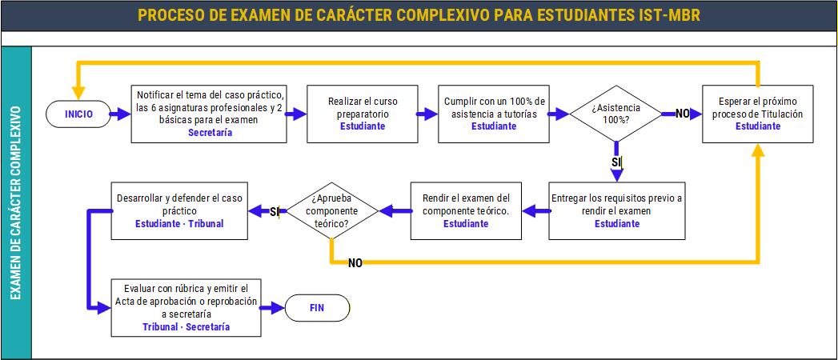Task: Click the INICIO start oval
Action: click(x=78, y=114)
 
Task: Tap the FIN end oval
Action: click(x=317, y=308)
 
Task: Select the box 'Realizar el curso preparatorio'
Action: click(x=363, y=114)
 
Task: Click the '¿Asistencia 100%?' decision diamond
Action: click(x=616, y=114)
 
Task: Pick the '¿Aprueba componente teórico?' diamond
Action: click(x=332, y=211)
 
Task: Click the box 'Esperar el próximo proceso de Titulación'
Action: click(x=757, y=114)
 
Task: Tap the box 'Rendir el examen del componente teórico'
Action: click(x=466, y=211)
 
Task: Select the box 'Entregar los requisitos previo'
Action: click(x=617, y=211)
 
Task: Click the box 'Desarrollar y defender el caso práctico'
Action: click(x=179, y=211)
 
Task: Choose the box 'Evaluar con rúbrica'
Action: click(x=186, y=307)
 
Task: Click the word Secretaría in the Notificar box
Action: click(x=210, y=133)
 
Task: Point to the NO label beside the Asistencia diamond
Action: click(x=682, y=114)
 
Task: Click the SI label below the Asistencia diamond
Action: click(x=617, y=162)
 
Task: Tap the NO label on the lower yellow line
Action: click(x=355, y=262)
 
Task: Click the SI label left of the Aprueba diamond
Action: click(x=275, y=211)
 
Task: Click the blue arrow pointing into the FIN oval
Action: click(x=273, y=308)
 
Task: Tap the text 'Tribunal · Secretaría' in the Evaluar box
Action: click(x=186, y=326)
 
